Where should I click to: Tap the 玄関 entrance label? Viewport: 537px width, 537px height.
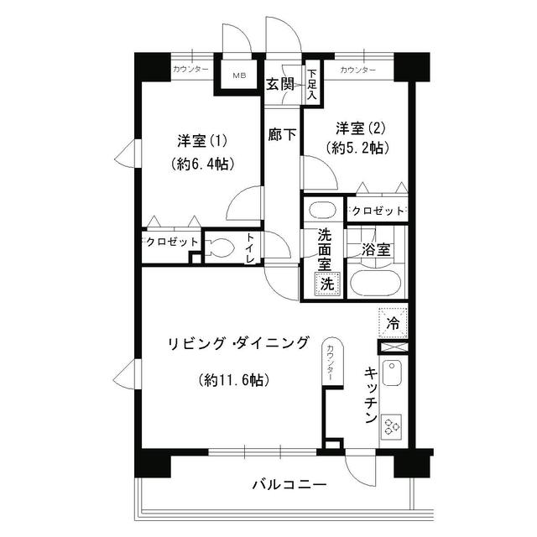[x=280, y=84]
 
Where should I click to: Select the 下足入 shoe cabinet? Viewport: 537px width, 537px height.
[x=311, y=85]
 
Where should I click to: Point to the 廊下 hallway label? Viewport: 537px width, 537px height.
[x=282, y=133]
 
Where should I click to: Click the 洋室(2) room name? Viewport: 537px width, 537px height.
[x=362, y=128]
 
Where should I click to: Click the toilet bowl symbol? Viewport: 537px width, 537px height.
[x=220, y=248]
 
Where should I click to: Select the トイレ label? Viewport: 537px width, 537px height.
[x=251, y=248]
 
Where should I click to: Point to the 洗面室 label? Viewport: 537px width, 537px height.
[x=323, y=250]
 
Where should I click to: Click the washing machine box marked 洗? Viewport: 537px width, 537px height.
[x=326, y=283]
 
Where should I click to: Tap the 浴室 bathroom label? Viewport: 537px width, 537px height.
[x=375, y=249]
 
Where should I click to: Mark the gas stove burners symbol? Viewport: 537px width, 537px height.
[x=392, y=426]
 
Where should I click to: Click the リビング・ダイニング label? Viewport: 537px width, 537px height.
[x=238, y=342]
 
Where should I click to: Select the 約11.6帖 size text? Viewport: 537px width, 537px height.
[x=234, y=379]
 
